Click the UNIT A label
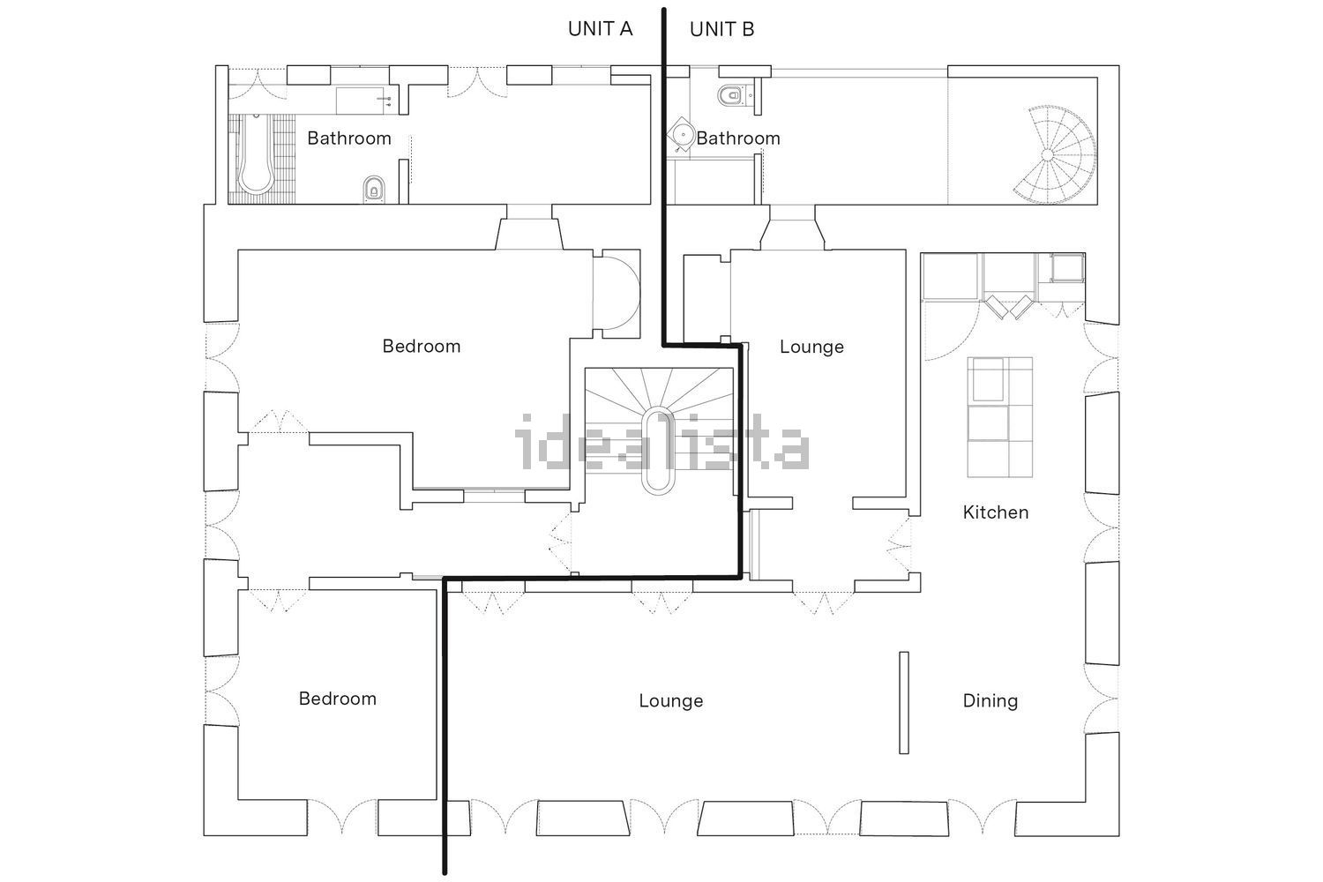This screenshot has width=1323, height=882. pos(600,29)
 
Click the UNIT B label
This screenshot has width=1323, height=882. pos(721,29)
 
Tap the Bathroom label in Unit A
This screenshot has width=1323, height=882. pos(349,138)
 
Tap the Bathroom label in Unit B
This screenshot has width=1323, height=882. pos(738,138)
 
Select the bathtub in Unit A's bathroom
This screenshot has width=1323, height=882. pos(255,153)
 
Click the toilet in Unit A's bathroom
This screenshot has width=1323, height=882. pos(373,189)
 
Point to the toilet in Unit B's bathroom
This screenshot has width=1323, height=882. pos(731,94)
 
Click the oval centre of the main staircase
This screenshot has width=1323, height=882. pos(658,450)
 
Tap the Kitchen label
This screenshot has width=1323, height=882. pos(996,512)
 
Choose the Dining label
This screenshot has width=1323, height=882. pos(990,700)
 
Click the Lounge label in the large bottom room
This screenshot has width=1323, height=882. pos(671,700)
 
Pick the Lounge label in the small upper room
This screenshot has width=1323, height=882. pos(811,346)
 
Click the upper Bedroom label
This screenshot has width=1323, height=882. pos(421,346)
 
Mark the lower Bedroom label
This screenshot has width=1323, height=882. pos(337,699)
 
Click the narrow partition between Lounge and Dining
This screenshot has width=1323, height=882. pos(904,702)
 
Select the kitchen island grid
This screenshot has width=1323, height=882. pos(1000,417)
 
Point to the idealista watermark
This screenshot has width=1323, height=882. pos(661,442)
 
